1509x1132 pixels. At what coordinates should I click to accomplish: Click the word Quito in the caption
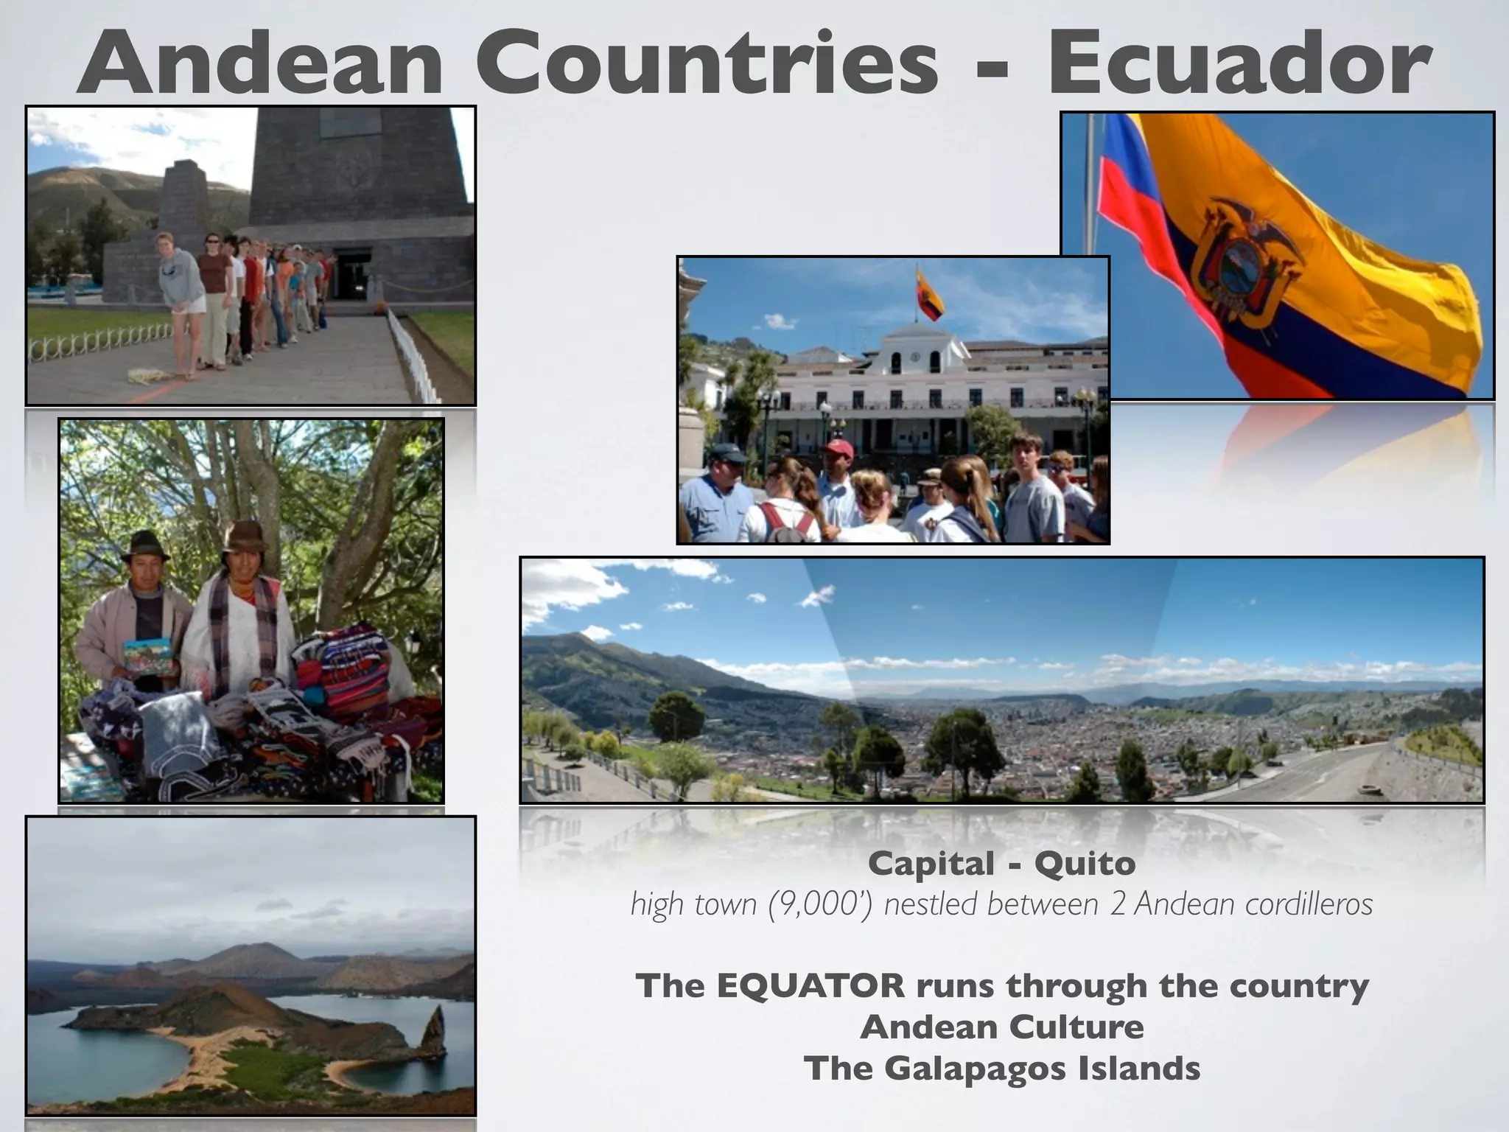1085,864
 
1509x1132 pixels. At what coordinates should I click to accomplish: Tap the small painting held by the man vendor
147,653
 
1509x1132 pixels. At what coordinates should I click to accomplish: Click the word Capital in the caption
931,864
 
